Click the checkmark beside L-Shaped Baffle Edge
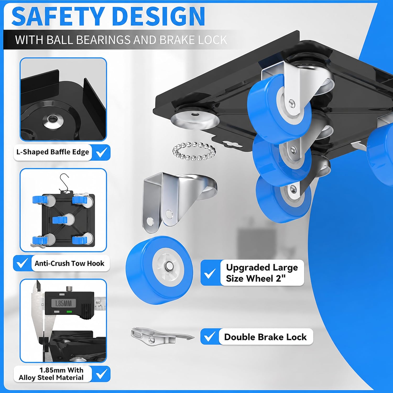(x=101, y=152)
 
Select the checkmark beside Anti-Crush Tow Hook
(x=22, y=263)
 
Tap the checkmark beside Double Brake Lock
(x=209, y=336)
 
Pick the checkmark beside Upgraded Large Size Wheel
(x=210, y=273)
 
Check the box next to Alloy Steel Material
(x=101, y=374)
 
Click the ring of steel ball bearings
(x=194, y=151)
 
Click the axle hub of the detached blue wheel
(x=168, y=266)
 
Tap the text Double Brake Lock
(x=265, y=337)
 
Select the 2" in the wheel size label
(x=281, y=278)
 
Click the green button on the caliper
(x=69, y=312)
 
